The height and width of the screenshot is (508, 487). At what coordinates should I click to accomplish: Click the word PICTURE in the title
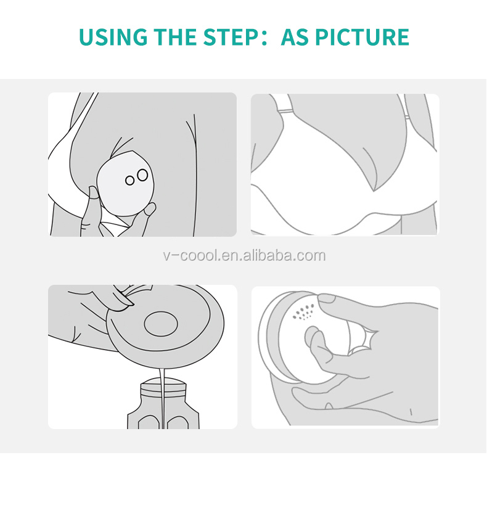[x=363, y=37]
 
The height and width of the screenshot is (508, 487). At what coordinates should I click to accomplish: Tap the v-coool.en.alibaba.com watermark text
[x=243, y=256]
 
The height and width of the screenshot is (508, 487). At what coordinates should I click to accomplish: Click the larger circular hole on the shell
[x=142, y=175]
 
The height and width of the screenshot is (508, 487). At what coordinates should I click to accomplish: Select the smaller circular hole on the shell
[x=130, y=181]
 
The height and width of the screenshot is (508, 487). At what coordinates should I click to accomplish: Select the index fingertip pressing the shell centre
[x=313, y=338]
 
